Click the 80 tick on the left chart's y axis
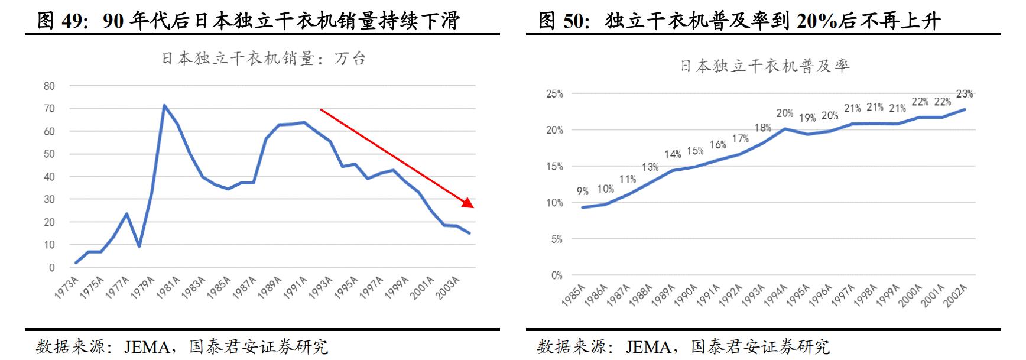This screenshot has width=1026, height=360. pyautogui.click(x=49, y=86)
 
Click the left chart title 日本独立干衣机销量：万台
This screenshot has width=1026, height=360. pyautogui.click(x=264, y=59)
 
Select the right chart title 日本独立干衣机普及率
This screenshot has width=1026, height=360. pyautogui.click(x=764, y=66)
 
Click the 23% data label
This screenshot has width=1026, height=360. pyautogui.click(x=964, y=94)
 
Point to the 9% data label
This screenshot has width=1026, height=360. pyautogui.click(x=583, y=192)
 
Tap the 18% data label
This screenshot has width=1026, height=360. pyautogui.click(x=763, y=128)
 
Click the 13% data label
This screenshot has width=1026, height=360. pyautogui.click(x=650, y=167)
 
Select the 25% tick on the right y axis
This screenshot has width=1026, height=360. pyautogui.click(x=554, y=94)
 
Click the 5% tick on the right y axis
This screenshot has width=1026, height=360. pyautogui.click(x=556, y=239)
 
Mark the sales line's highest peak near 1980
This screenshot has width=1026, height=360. pyautogui.click(x=164, y=106)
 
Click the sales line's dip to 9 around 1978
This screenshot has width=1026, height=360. pyautogui.click(x=139, y=247)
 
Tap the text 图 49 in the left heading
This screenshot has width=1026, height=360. pyautogui.click(x=61, y=21)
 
